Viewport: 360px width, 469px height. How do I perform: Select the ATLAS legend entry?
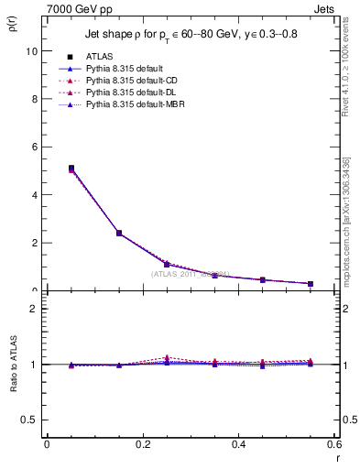[100, 57]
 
